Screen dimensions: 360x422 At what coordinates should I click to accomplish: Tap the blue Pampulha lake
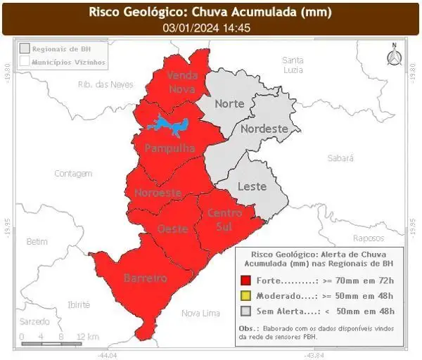(x=167, y=126)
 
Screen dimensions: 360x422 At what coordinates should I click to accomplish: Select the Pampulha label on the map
(x=169, y=148)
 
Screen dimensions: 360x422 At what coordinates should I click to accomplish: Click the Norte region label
(x=229, y=103)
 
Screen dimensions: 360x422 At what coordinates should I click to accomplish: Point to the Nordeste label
(x=264, y=129)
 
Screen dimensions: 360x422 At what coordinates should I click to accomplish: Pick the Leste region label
(x=252, y=186)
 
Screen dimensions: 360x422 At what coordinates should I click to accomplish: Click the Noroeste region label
(x=158, y=193)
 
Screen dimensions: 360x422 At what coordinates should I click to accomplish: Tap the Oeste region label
(x=172, y=229)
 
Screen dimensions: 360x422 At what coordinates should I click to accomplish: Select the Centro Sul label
(x=225, y=219)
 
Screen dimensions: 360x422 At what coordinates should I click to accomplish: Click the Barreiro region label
(x=146, y=278)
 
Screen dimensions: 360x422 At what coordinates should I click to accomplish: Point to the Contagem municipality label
(x=74, y=173)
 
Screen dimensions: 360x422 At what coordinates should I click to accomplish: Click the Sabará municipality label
(x=340, y=159)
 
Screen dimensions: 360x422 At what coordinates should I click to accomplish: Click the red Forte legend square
(x=245, y=280)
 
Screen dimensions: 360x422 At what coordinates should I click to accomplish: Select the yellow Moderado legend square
(x=245, y=295)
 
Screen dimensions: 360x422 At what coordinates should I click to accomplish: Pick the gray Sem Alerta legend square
(x=245, y=311)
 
